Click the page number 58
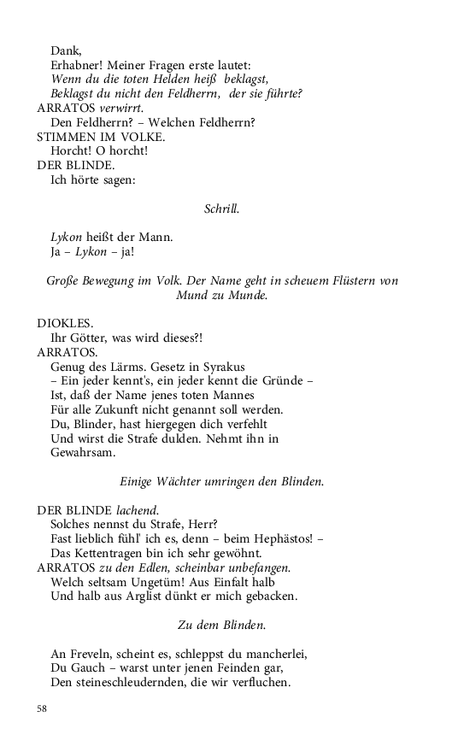[42, 708]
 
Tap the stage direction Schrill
[222, 208]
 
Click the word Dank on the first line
[63, 51]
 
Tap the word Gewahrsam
[84, 453]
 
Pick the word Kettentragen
[119, 553]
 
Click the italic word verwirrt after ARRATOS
[120, 108]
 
